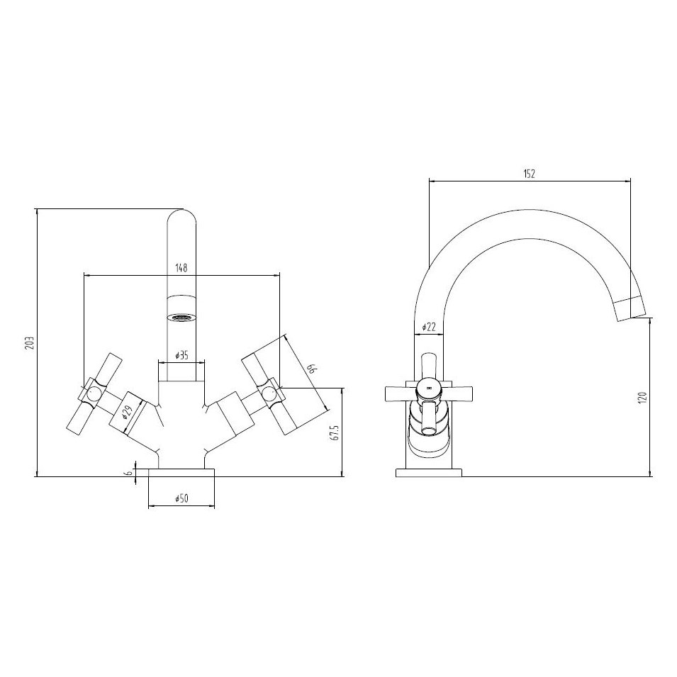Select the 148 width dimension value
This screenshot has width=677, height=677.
181,268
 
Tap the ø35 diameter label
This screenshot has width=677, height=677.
181,356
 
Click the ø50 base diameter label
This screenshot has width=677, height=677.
181,500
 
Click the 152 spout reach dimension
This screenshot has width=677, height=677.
530,173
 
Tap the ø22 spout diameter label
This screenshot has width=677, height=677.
428,327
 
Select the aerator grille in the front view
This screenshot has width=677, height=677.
181,317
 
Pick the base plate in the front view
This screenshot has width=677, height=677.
181,472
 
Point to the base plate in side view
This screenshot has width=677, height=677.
427,472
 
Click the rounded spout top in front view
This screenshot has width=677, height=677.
181,216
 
